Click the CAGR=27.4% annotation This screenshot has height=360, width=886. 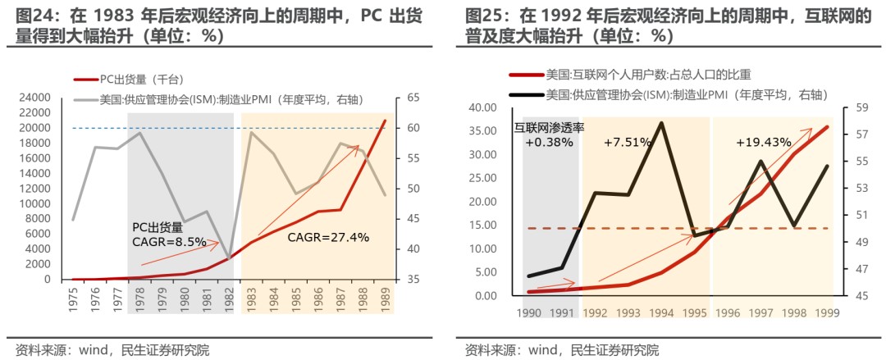[x=328, y=238]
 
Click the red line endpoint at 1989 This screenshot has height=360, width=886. [x=384, y=121]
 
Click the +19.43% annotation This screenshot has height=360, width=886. [x=763, y=141]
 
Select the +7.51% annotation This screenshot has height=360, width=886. [x=628, y=141]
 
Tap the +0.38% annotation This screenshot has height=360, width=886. [x=550, y=141]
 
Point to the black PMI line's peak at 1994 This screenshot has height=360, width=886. [x=661, y=123]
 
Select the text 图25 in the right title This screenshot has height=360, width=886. [x=482, y=16]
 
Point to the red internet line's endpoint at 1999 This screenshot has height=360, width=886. [x=827, y=126]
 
